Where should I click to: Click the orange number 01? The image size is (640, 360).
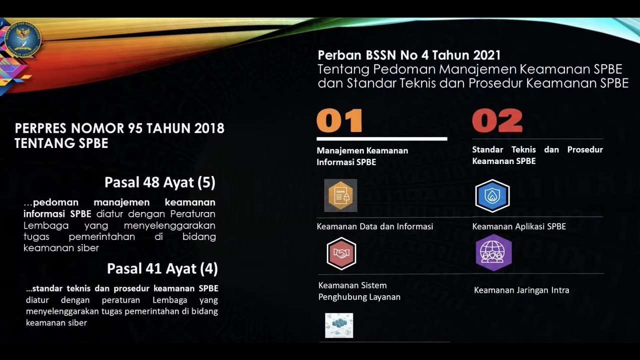pyautogui.click(x=339, y=121)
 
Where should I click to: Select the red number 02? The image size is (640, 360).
pyautogui.click(x=497, y=121)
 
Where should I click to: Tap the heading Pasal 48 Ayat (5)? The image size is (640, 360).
pyautogui.click(x=160, y=182)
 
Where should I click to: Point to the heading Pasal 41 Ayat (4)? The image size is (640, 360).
pyautogui.click(x=162, y=269)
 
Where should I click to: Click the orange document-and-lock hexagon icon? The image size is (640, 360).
pyautogui.click(x=340, y=195)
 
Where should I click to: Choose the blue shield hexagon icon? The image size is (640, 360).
pyautogui.click(x=492, y=196)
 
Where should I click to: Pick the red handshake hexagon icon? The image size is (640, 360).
pyautogui.click(x=341, y=254)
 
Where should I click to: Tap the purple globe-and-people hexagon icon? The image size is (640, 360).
pyautogui.click(x=493, y=253)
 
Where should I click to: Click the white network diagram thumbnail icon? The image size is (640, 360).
pyautogui.click(x=339, y=325)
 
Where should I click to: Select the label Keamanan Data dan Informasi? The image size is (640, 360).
pyautogui.click(x=374, y=226)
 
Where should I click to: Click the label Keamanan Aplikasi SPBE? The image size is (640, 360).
pyautogui.click(x=519, y=226)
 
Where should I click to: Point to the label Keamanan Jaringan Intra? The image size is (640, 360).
pyautogui.click(x=521, y=290)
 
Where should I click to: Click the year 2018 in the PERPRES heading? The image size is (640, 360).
pyautogui.click(x=209, y=128)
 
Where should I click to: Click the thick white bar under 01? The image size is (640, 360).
pyautogui.click(x=382, y=138)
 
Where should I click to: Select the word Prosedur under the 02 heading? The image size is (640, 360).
pyautogui.click(x=585, y=149)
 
